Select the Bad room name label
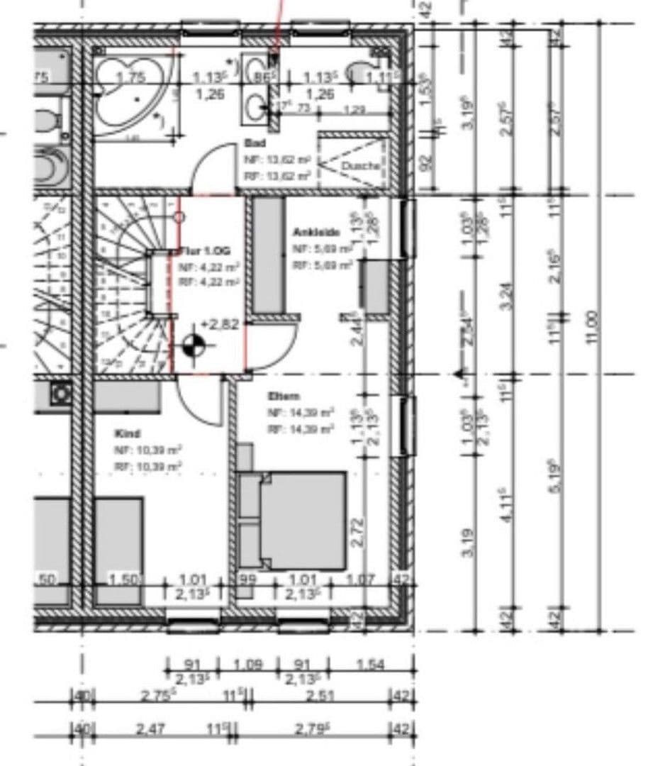pos(252,142)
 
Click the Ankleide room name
pos(316,232)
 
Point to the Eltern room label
pos(284,396)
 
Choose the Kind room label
pos(127,433)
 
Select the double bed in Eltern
pos(301,520)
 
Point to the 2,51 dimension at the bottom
pos(320,696)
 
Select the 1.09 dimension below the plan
pos(247,665)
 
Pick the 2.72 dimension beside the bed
pos(358,531)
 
